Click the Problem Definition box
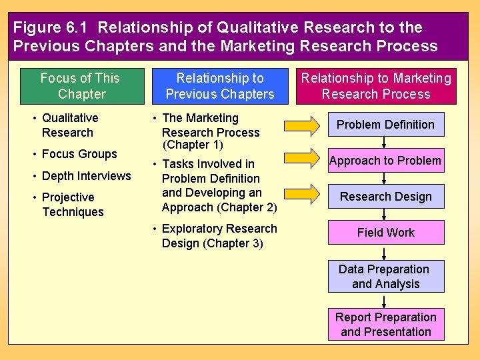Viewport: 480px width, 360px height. [x=385, y=125]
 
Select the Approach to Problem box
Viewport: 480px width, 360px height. [x=385, y=161]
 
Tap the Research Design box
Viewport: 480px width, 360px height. [x=385, y=197]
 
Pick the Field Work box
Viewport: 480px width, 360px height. [x=385, y=233]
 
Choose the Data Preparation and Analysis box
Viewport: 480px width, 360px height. [x=385, y=277]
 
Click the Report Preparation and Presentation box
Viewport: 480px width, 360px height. [x=385, y=325]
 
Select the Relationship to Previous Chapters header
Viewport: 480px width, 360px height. [x=219, y=87]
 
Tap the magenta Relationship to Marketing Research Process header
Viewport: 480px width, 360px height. [x=376, y=87]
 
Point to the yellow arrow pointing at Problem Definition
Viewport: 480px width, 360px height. [x=301, y=125]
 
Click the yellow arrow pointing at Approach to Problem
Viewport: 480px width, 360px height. [x=301, y=158]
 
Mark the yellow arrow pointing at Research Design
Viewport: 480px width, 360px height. [x=301, y=193]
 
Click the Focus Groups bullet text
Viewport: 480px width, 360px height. [x=79, y=154]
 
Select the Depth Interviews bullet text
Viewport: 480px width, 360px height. [x=86, y=176]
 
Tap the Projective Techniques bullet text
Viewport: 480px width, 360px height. [x=73, y=205]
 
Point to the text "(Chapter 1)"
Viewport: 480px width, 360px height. [x=193, y=145]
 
